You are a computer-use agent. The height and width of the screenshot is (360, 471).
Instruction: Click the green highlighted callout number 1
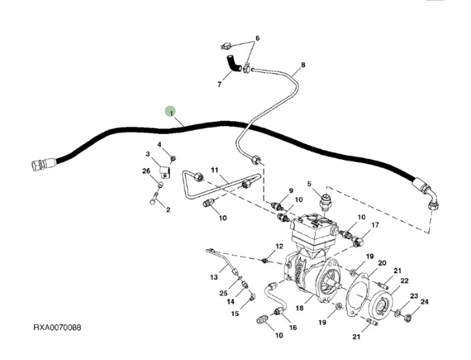coord(171,112)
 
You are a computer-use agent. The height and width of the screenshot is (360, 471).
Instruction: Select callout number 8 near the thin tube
coord(303,65)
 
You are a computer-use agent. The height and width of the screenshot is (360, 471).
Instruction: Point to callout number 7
coord(219,85)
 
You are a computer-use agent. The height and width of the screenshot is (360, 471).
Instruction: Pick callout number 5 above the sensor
coord(309,183)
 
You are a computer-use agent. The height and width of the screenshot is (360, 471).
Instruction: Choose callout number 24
coord(424,302)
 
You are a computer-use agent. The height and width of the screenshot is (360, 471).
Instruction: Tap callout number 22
coord(404,280)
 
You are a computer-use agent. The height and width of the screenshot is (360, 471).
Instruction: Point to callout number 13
coord(215,276)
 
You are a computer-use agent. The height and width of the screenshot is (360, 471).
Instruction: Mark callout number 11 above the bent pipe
coord(215,171)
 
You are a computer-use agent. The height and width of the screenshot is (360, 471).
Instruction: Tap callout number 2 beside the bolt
coord(168,210)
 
